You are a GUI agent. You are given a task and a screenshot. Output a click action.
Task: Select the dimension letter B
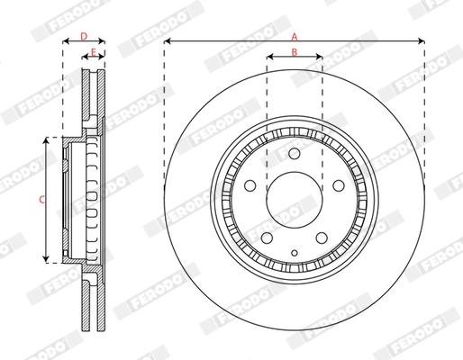click(294, 52)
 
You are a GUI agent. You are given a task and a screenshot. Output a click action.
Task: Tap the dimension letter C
click(41, 201)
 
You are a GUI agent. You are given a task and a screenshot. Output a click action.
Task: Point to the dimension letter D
click(83, 35)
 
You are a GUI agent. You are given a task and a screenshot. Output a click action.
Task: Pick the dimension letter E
click(95, 53)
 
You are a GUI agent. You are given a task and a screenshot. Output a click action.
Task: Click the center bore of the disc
click(295, 193)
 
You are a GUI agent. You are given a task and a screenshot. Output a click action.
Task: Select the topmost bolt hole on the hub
click(295, 154)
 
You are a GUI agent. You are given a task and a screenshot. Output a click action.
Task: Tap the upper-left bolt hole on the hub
click(250, 185)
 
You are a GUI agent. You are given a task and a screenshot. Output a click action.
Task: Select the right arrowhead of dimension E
click(103, 60)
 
